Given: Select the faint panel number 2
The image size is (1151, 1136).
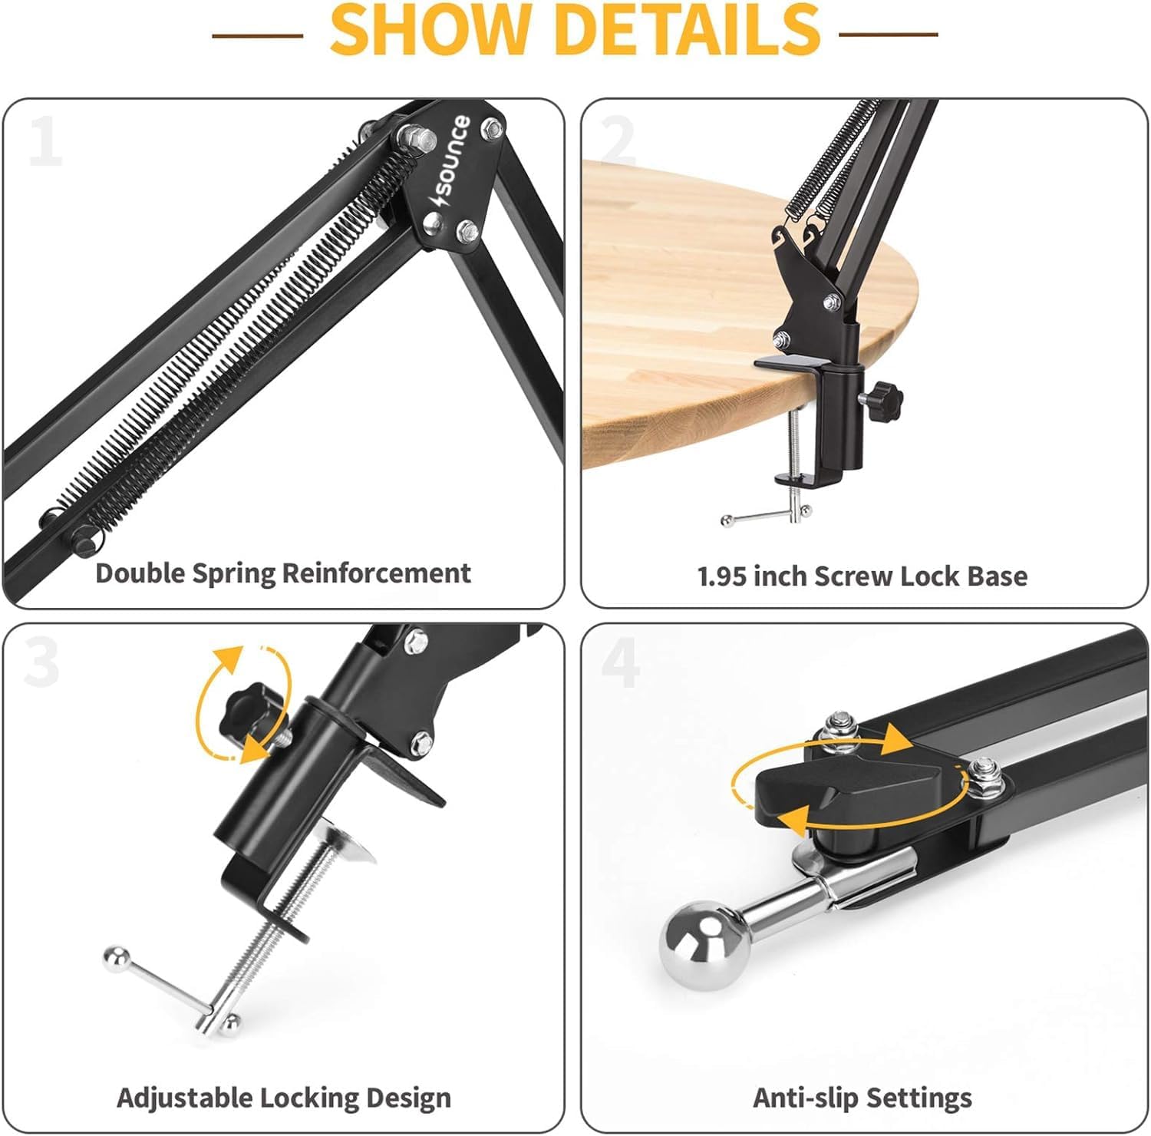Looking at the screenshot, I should click(618, 140).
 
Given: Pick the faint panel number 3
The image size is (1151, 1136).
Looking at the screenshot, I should click(41, 662).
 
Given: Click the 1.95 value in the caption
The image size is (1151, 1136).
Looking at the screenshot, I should click(722, 576).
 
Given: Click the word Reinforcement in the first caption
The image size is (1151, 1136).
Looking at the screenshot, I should click(376, 573).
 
